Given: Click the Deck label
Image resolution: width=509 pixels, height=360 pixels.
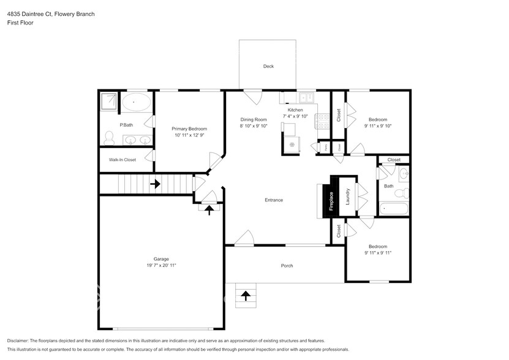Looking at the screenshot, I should (x=268, y=66).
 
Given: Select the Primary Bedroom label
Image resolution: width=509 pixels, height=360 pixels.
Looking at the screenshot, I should (x=189, y=129).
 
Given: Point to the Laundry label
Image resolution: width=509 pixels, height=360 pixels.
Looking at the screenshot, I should (x=347, y=197).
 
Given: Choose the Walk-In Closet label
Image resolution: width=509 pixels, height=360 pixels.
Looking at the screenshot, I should (x=123, y=160).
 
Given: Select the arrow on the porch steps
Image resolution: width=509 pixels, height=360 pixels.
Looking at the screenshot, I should (x=246, y=296).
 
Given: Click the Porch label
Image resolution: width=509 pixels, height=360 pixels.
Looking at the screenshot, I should (x=287, y=266).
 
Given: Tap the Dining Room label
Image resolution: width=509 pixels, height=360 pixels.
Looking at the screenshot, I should (x=253, y=119).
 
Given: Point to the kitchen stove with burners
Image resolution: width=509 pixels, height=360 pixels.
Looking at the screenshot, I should (x=322, y=121).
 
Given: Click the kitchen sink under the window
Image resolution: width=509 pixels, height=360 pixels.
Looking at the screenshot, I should (x=306, y=97).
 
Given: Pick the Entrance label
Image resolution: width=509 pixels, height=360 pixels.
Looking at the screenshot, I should (x=273, y=200).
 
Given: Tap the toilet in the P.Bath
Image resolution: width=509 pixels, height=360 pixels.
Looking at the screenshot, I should (x=108, y=140).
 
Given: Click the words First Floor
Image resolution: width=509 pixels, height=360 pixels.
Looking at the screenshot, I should (x=20, y=23).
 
